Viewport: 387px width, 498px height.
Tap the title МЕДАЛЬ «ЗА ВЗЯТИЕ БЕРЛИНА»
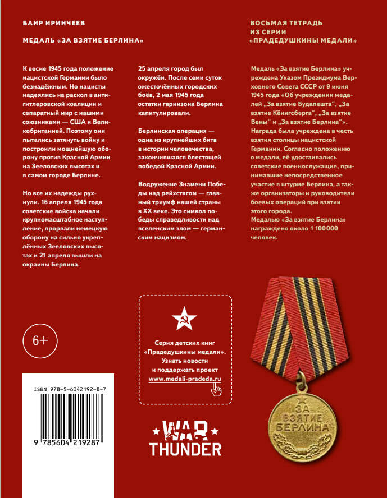coord(80,41)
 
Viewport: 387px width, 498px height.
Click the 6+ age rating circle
coord(40,340)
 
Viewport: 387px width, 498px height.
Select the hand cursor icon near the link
coord(215,391)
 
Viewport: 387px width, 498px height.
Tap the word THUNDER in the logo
coord(185,449)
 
